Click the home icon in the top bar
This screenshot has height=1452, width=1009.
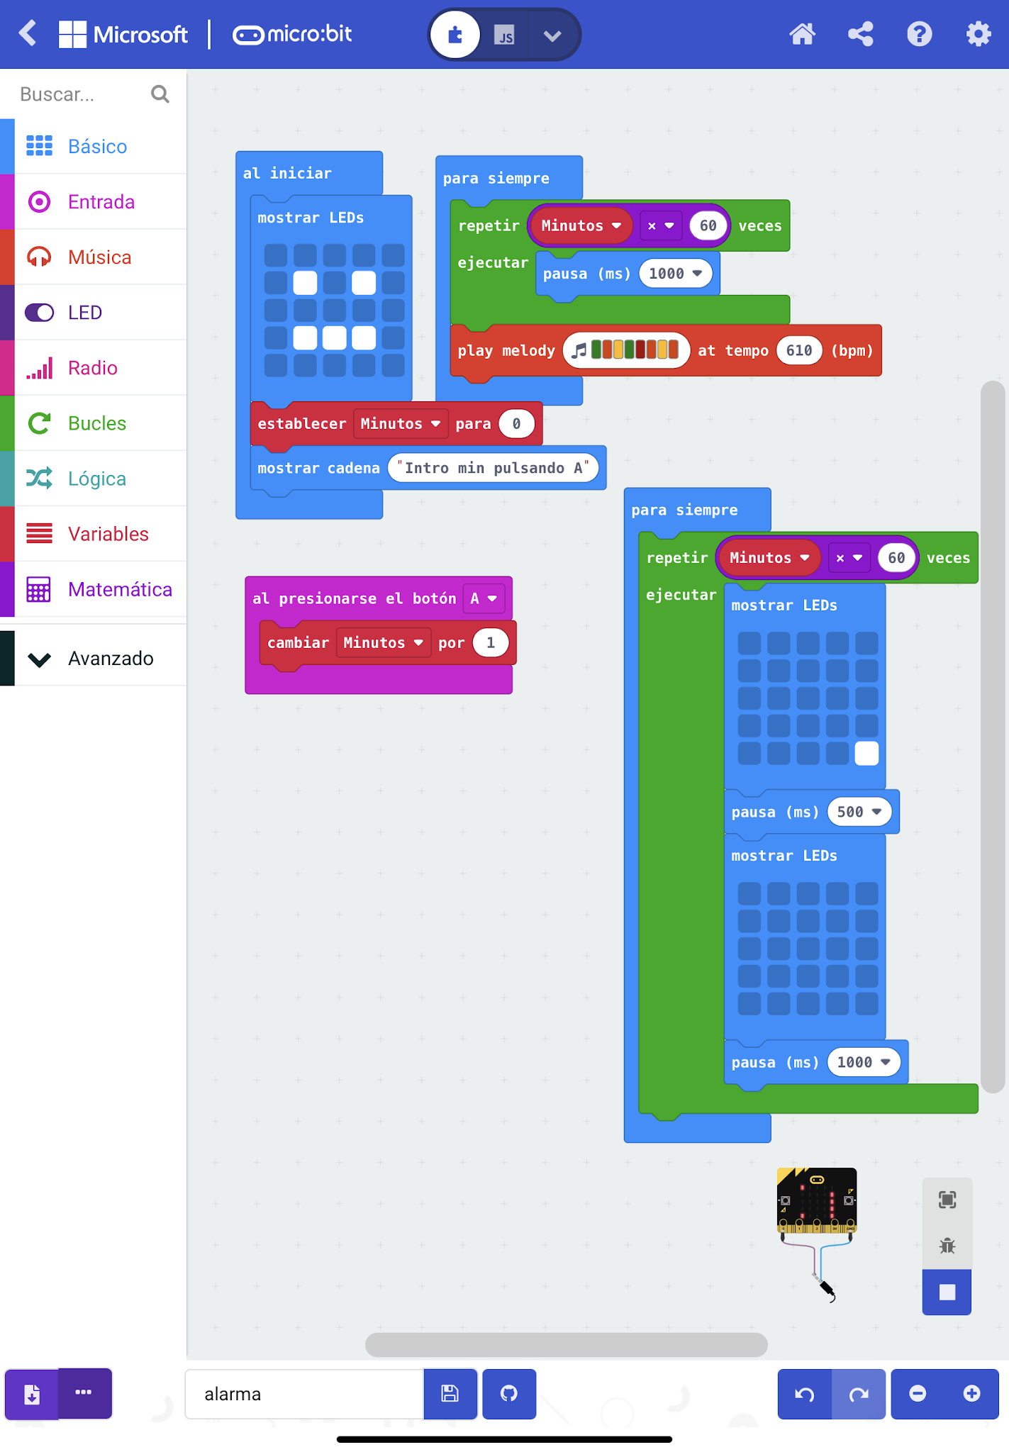802,34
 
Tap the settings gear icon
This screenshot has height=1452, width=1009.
978,34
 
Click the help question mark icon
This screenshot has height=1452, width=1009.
919,34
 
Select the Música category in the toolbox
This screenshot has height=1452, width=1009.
99,257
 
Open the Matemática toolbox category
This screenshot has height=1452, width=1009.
119,589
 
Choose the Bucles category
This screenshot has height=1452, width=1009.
96,423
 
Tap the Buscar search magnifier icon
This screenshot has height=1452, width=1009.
160,94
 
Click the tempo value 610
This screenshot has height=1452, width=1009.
798,350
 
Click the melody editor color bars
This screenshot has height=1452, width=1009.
634,350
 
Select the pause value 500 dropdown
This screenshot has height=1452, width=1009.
859,812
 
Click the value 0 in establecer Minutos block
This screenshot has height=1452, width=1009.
516,424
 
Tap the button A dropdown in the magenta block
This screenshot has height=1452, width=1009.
484,598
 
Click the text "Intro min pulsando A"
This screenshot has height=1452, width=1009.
493,468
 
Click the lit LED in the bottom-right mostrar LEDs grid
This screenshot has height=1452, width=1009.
866,753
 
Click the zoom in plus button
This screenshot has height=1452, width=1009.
971,1394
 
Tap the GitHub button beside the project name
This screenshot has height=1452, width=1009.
508,1394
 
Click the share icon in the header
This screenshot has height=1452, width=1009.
860,34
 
